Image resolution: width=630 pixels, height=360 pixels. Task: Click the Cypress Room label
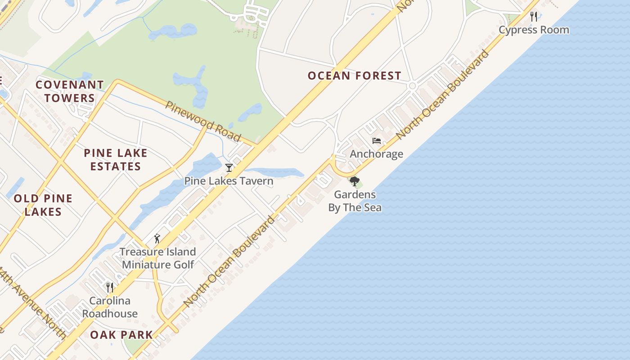click(x=534, y=30)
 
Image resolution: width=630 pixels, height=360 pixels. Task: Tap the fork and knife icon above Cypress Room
click(x=534, y=17)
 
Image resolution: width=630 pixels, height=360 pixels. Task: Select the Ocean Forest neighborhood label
click(x=354, y=76)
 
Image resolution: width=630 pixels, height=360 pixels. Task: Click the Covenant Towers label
click(x=70, y=91)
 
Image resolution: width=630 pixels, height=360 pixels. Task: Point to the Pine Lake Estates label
click(x=116, y=160)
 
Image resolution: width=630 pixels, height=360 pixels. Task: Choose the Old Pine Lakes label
click(x=43, y=205)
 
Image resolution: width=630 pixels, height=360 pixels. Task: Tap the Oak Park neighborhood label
click(x=121, y=335)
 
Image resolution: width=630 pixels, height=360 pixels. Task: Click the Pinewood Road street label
click(x=203, y=121)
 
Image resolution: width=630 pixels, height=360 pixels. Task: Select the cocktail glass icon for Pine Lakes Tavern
click(x=229, y=168)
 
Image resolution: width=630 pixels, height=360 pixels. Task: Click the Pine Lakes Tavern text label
click(x=229, y=181)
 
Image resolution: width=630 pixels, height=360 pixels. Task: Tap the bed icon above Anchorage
click(x=377, y=141)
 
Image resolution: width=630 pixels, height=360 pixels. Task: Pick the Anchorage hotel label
click(x=376, y=154)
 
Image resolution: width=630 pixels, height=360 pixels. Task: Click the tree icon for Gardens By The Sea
click(x=355, y=181)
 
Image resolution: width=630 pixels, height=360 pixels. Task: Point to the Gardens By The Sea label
click(x=355, y=201)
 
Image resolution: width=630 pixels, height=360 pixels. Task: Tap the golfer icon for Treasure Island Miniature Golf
click(x=157, y=238)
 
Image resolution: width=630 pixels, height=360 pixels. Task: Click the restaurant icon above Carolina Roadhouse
click(x=109, y=287)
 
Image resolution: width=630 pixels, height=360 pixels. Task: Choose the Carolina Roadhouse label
click(x=110, y=307)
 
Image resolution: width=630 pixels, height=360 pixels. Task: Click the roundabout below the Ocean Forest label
click(x=412, y=86)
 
